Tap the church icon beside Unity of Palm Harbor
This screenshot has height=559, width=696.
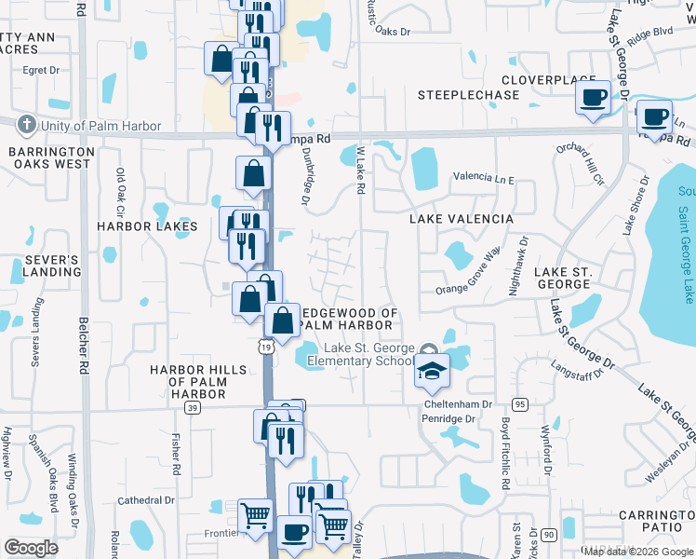coord(28,125)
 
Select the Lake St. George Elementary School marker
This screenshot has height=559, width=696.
coord(432,371)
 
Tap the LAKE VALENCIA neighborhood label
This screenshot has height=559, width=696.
coord(462,218)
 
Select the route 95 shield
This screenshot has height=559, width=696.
coord(519,404)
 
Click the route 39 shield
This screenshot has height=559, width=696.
coord(193,408)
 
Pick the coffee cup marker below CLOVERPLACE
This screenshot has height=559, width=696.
coord(593,98)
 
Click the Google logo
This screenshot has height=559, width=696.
coord(31,548)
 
